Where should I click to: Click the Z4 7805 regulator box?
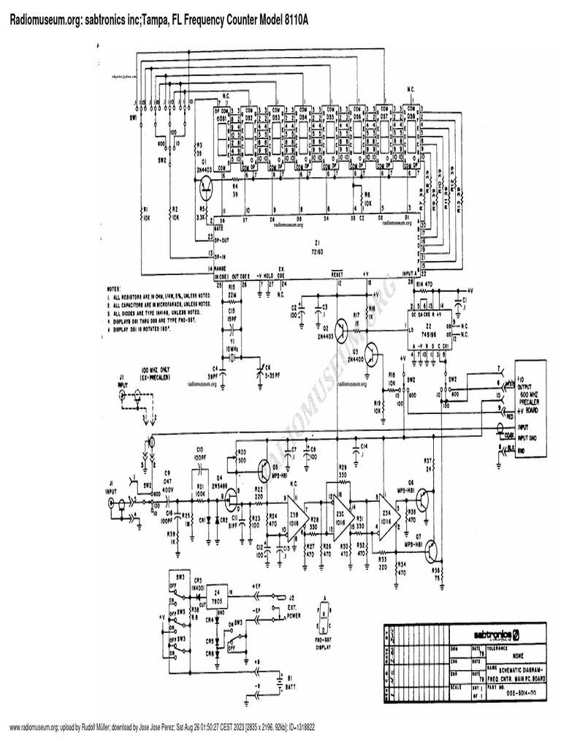click(x=217, y=593)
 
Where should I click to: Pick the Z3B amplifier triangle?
click(x=295, y=508)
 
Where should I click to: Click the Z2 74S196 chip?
click(x=432, y=328)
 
